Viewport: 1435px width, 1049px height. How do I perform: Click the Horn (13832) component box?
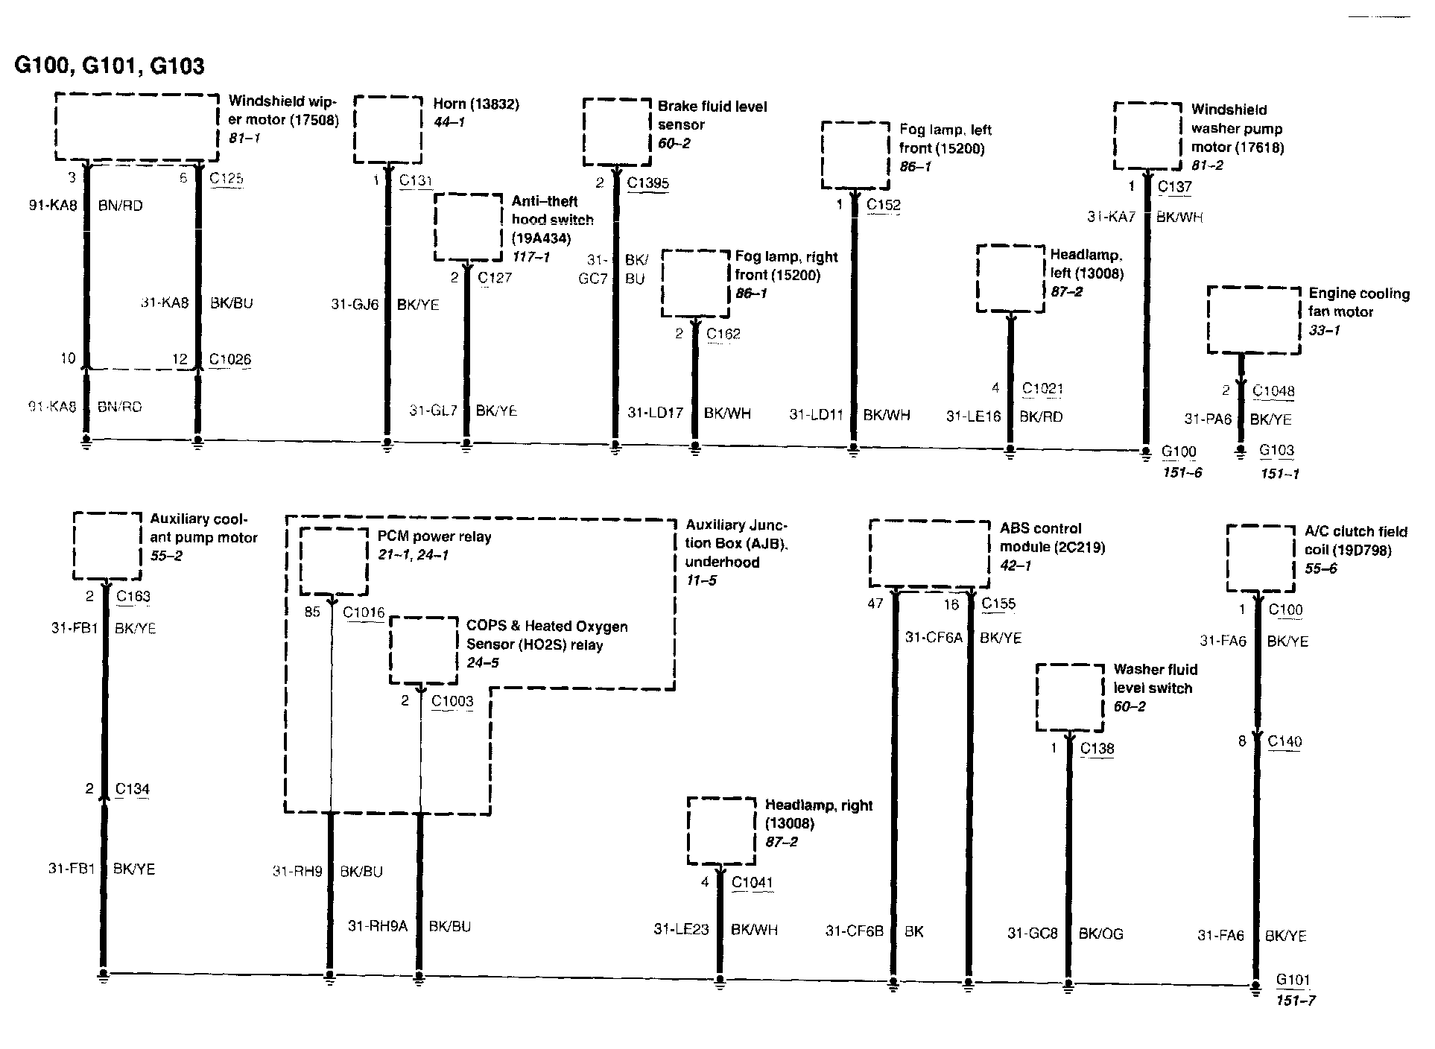[x=387, y=129]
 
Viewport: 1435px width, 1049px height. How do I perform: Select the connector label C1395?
[x=647, y=183]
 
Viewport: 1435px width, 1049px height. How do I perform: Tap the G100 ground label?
[x=1179, y=451]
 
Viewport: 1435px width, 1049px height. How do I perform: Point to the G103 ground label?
[x=1276, y=450]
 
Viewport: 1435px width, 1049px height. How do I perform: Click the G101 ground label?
[x=1293, y=980]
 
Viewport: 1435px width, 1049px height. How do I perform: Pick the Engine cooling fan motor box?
[x=1253, y=320]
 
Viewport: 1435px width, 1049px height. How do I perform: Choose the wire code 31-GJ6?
[x=355, y=304]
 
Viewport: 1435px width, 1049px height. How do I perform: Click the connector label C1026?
[x=229, y=359]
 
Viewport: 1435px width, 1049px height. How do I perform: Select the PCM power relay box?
[x=333, y=562]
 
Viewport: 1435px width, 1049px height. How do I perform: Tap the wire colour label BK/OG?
[x=1100, y=934]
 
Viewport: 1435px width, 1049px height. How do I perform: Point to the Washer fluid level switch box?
[x=1069, y=697]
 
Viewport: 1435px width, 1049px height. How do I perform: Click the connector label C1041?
[x=753, y=883]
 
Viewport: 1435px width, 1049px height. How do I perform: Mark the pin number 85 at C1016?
[x=312, y=612]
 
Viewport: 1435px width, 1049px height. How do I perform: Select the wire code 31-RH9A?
[x=378, y=926]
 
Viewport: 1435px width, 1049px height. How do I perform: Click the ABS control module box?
[x=930, y=554]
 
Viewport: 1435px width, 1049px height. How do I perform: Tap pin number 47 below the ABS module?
[x=875, y=603]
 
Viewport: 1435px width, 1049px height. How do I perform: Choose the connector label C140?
[x=1284, y=741]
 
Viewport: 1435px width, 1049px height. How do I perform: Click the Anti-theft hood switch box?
[x=468, y=227]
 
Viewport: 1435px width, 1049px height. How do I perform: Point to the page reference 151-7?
[x=1295, y=1001]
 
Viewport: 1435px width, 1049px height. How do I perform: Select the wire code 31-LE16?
[x=973, y=416]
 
